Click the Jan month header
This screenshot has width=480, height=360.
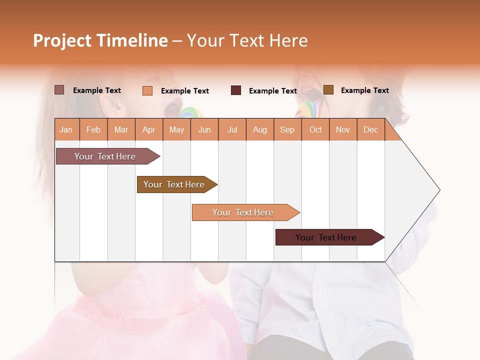click(x=66, y=129)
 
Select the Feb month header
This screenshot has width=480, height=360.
click(x=93, y=129)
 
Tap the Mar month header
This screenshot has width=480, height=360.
click(x=121, y=129)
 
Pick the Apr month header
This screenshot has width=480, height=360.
click(x=148, y=129)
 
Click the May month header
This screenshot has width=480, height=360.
click(x=176, y=129)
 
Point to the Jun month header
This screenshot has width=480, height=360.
click(x=204, y=129)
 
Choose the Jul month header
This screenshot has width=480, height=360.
click(x=232, y=129)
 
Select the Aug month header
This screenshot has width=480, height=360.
click(x=259, y=129)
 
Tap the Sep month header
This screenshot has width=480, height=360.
click(x=287, y=129)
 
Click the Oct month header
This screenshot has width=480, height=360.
click(x=315, y=129)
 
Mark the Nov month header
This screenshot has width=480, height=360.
click(x=343, y=129)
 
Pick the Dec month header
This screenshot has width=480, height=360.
click(x=370, y=129)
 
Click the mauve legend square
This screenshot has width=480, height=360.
click(x=59, y=90)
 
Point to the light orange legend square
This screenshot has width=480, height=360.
click(x=147, y=90)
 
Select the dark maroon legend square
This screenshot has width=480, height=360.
click(x=236, y=90)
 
